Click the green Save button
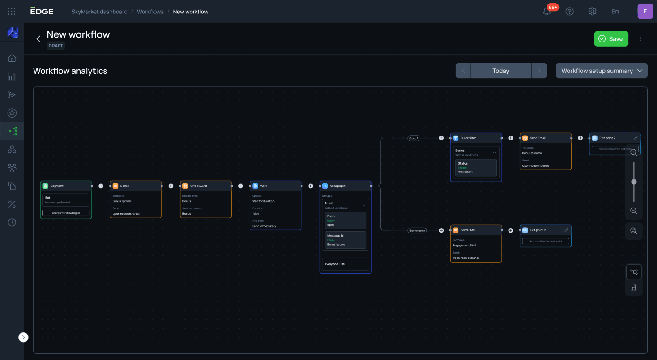coord(611,39)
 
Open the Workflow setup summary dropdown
coord(601,71)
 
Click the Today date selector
coord(500,71)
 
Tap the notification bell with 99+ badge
coord(547,12)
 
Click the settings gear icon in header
coord(592,12)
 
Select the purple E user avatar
coord(644,12)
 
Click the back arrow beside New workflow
coord(38,39)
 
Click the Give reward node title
coord(198,186)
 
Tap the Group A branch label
coord(414,138)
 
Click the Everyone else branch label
coord(417,230)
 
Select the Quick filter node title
coord(468,138)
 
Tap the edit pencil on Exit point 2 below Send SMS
coord(566,230)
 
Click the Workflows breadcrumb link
coord(150,12)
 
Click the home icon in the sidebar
coord(12,58)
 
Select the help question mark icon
coord(569,12)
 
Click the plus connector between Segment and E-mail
coord(101,186)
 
